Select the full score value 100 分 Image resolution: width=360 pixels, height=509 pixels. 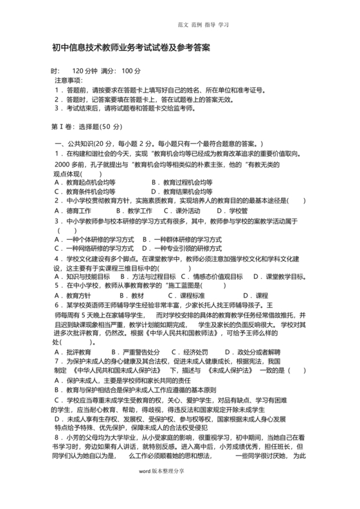click(130, 71)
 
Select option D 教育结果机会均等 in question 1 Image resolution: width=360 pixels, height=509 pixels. click(183, 192)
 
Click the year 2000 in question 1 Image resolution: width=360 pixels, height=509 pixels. click(62, 164)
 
